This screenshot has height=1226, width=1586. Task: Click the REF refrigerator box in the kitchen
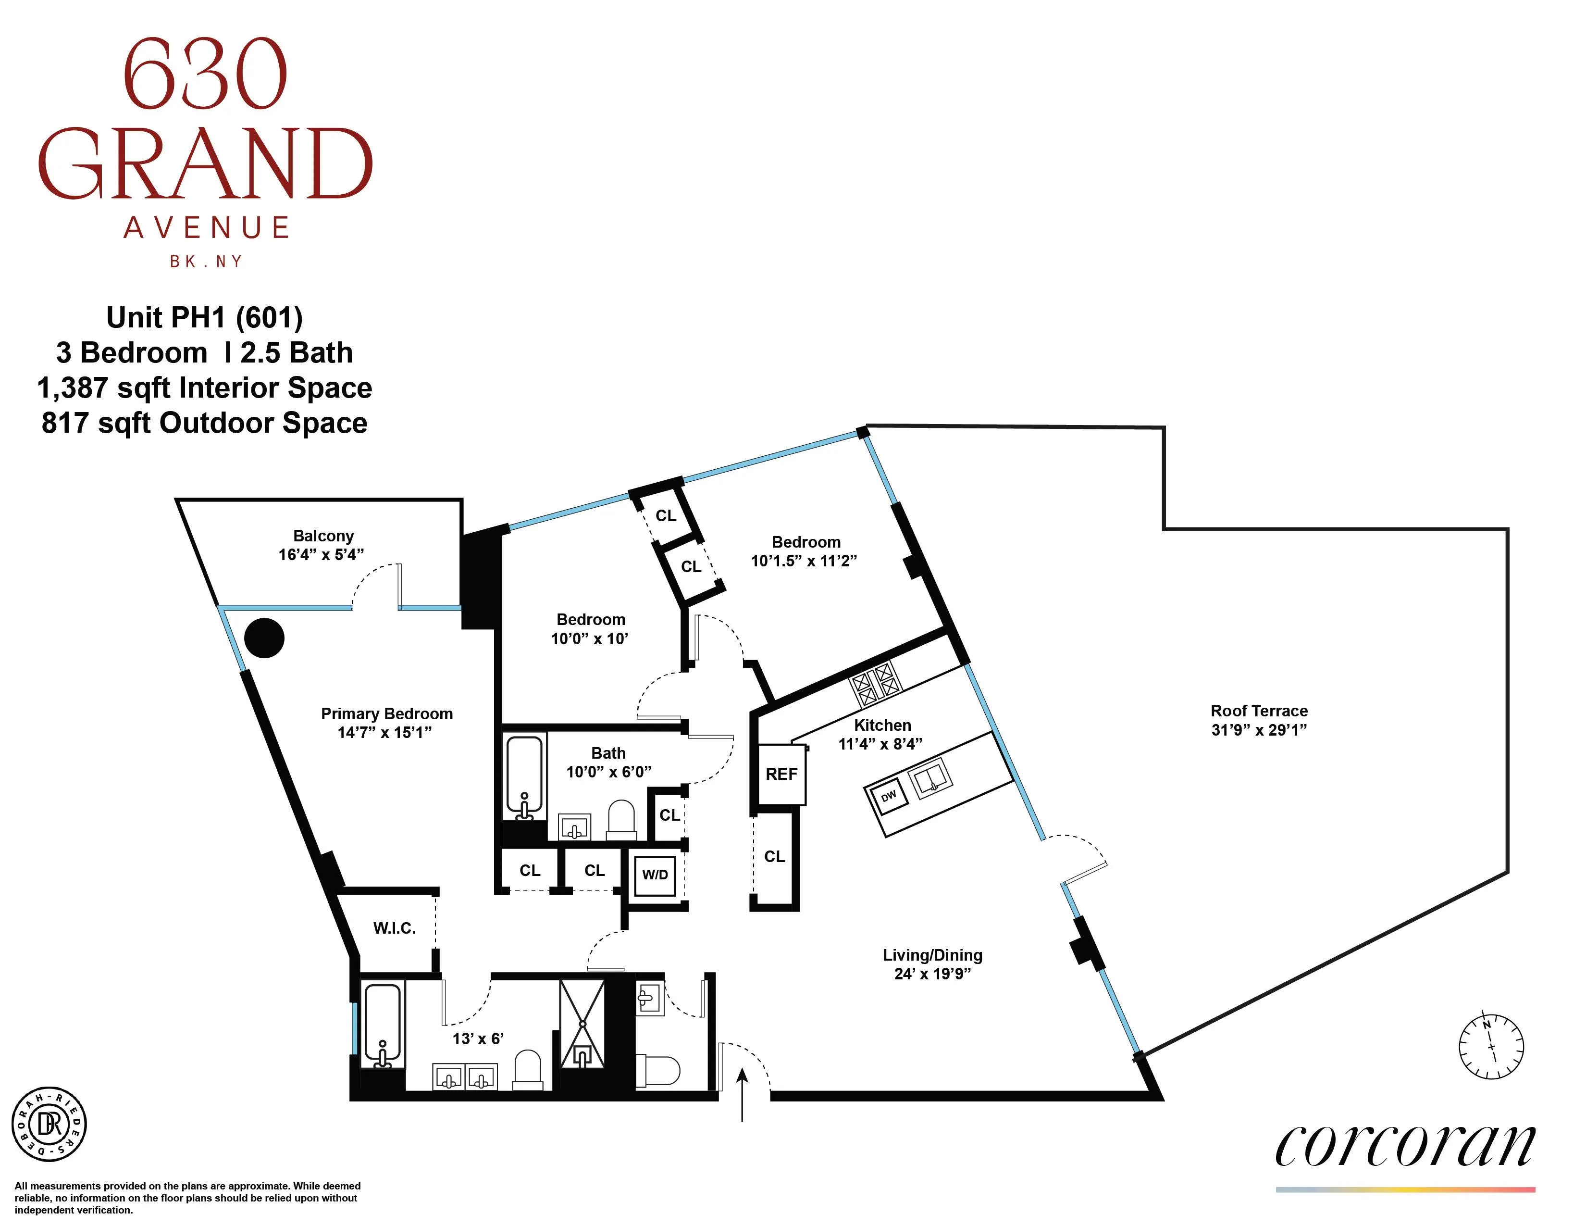781,774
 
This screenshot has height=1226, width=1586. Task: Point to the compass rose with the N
1491,1046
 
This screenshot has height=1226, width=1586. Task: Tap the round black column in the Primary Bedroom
263,638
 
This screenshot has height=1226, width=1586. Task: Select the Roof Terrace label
1259,711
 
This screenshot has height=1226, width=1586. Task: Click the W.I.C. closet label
394,928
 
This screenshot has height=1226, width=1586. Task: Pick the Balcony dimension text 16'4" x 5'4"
321,555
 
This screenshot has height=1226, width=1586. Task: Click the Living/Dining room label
932,955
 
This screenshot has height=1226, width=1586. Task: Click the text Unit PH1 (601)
204,317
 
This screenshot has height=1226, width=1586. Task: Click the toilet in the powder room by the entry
658,1070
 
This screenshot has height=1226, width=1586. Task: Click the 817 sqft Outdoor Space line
204,423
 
